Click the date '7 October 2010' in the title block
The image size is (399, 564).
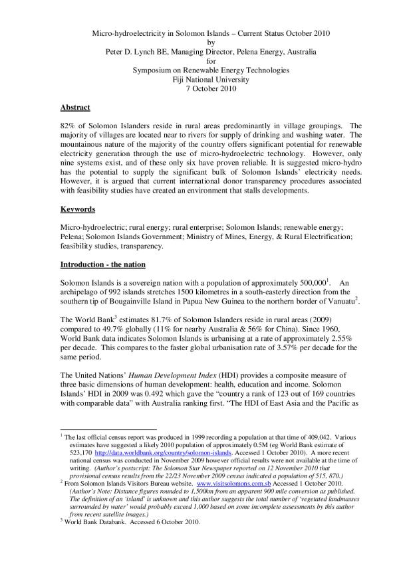pos(199,89)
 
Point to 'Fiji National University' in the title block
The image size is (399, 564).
pos(199,80)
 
